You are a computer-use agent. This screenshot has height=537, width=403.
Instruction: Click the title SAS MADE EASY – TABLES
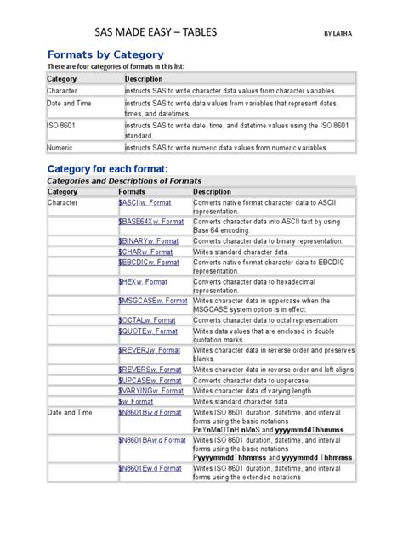pyautogui.click(x=155, y=32)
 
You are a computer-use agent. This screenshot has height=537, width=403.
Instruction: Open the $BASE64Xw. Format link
pyautogui.click(x=150, y=221)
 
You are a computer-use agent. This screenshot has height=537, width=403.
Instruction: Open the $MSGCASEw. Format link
pyautogui.click(x=153, y=301)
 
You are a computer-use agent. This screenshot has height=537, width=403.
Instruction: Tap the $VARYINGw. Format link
pyautogui.click(x=150, y=391)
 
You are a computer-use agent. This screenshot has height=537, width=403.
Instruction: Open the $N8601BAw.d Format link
pyautogui.click(x=152, y=440)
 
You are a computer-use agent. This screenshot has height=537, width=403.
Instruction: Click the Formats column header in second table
pyautogui.click(x=134, y=192)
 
